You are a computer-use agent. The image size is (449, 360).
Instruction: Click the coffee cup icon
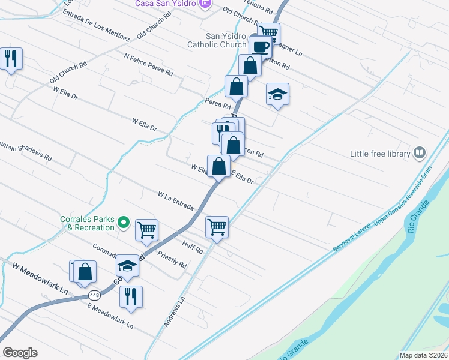[x=261, y=47]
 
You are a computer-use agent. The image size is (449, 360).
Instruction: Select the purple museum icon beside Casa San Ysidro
[x=206, y=4]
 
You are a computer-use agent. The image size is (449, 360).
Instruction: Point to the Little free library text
[x=380, y=154]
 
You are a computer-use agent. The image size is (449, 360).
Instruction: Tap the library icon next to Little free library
[x=420, y=154]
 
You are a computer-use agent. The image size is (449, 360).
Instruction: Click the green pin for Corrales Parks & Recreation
[x=124, y=223]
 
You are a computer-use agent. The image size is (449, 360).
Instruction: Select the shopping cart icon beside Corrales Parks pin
[x=146, y=229]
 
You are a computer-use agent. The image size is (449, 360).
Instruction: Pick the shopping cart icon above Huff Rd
[x=217, y=227]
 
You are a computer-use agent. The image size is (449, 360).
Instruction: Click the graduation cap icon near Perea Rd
[x=277, y=94]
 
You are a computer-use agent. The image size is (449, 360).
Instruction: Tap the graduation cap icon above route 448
[x=127, y=265]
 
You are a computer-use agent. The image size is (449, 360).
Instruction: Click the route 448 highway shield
[x=94, y=295]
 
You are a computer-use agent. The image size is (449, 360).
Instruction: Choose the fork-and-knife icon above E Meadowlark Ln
[x=131, y=296]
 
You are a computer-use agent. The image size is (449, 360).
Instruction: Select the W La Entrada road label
[x=176, y=201]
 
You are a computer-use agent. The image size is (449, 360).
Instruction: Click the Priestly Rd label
[x=172, y=260]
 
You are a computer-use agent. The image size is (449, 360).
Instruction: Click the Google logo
[x=20, y=353]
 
